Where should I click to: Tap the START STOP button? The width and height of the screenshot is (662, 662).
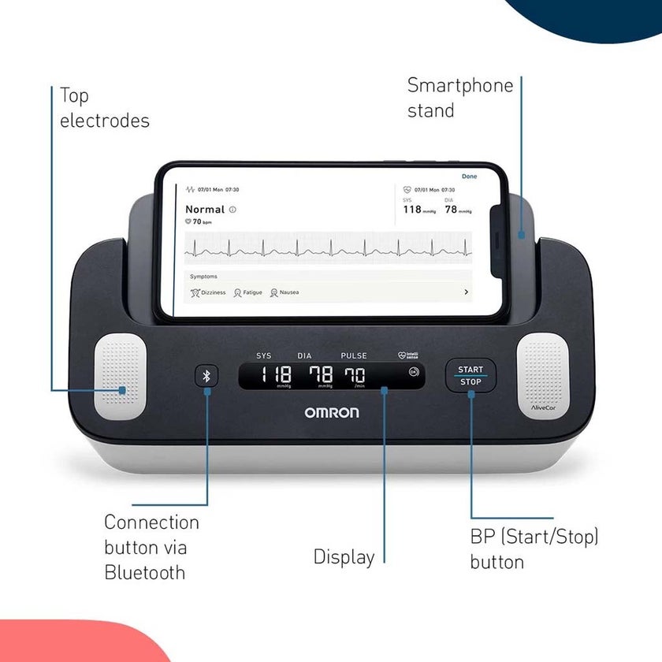pos(470,376)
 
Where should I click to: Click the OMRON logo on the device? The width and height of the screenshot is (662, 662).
pos(332,412)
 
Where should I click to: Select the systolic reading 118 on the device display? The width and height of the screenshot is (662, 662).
pos(276,375)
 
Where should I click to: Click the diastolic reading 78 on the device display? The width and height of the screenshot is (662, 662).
pos(319,375)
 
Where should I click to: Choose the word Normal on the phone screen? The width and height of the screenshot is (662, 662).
pos(205,210)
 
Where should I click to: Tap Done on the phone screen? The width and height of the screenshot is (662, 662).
pos(469,177)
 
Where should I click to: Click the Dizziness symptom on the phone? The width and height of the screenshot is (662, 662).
pos(208,292)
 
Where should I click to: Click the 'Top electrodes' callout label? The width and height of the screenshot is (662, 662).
pos(104,108)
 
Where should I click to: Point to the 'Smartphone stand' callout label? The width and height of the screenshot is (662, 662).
pos(459,98)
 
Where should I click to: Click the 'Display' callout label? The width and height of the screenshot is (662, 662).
pos(344,556)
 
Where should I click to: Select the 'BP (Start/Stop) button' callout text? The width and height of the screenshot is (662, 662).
pos(534,549)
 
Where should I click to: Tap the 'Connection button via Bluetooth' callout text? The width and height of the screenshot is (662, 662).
pos(151,547)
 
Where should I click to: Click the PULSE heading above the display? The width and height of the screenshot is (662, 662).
pos(353,355)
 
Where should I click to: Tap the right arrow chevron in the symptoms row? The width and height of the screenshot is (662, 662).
pos(466,292)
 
